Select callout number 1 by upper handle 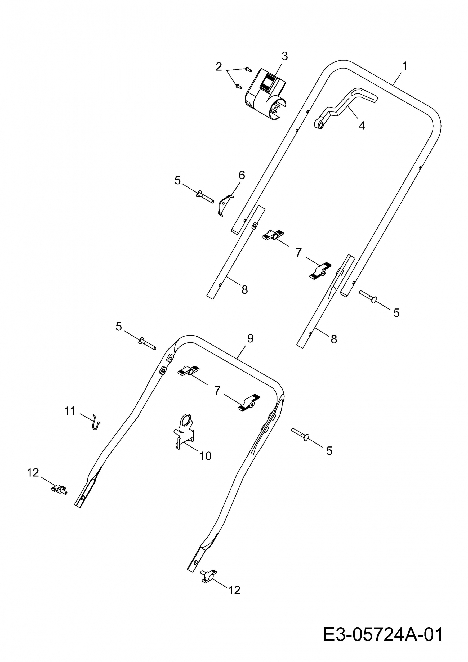pyautogui.click(x=405, y=66)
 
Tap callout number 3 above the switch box pyautogui.click(x=285, y=56)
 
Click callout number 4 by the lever pyautogui.click(x=362, y=126)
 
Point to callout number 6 pyautogui.click(x=242, y=175)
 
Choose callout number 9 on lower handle pyautogui.click(x=250, y=338)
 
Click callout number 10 pyautogui.click(x=206, y=456)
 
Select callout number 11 pyautogui.click(x=70, y=411)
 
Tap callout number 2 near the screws pyautogui.click(x=219, y=67)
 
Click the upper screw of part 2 pyautogui.click(x=248, y=69)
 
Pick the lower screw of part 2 pyautogui.click(x=238, y=86)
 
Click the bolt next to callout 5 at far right pyautogui.click(x=368, y=296)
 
